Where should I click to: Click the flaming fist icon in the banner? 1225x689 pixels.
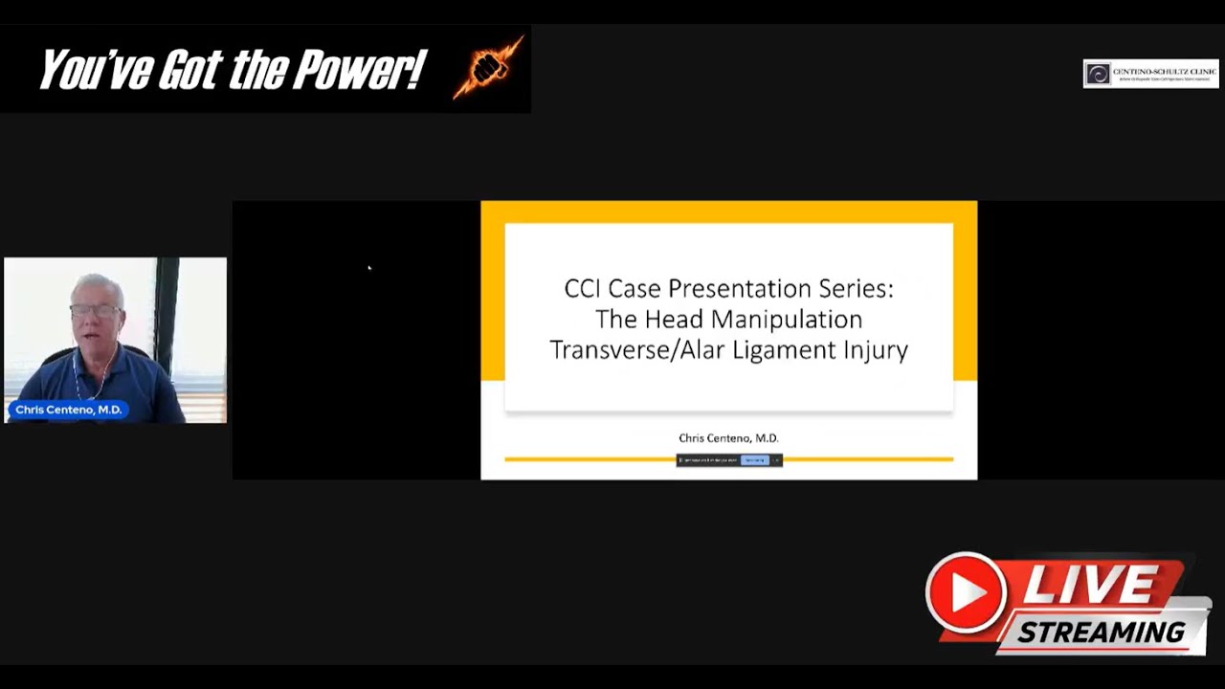point(488,69)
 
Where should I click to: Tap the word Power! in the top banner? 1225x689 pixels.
point(358,70)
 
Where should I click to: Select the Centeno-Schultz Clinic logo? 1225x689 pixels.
point(1150,74)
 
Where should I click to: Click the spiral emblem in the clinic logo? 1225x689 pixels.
point(1098,74)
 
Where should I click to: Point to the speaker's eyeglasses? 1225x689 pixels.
point(96,310)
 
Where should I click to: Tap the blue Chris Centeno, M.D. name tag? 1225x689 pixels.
point(68,410)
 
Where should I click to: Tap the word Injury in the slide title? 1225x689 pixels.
point(876,350)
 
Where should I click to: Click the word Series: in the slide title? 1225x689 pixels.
point(857,288)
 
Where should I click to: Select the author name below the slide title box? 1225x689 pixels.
point(728,438)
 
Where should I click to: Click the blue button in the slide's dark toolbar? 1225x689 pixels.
point(755,460)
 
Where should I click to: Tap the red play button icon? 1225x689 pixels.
point(966,592)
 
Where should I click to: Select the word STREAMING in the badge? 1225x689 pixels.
point(1101,633)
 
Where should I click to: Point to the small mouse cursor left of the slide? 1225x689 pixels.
point(368,268)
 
